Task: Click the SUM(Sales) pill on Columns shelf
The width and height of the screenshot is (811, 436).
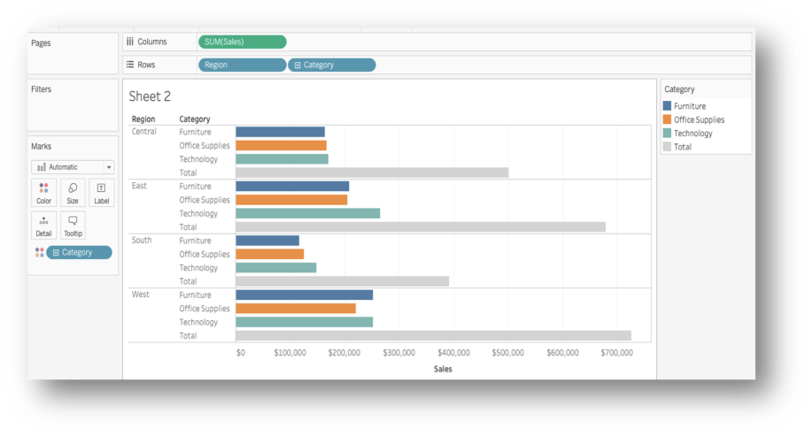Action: (x=242, y=42)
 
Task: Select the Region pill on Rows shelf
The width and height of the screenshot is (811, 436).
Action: (x=242, y=65)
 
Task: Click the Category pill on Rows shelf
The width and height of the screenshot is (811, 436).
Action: (x=331, y=65)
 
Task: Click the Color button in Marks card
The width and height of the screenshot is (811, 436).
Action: (x=44, y=193)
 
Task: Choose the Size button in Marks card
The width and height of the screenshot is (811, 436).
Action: (x=73, y=193)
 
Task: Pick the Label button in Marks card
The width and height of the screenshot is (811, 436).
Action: (x=101, y=193)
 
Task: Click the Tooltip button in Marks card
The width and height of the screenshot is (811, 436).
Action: (x=73, y=226)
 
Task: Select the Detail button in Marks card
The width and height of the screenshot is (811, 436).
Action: (x=44, y=226)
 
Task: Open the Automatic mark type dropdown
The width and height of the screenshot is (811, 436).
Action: (x=73, y=167)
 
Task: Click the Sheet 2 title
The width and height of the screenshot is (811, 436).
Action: (x=150, y=96)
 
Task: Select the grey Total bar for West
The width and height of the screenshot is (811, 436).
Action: (x=433, y=336)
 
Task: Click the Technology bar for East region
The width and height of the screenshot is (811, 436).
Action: (x=307, y=213)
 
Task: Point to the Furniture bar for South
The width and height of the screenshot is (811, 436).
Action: (x=267, y=241)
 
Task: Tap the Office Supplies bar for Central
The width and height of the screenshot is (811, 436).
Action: (x=281, y=146)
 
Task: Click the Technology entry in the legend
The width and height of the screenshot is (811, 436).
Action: (x=692, y=134)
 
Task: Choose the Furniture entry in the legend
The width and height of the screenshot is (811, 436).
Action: (x=689, y=106)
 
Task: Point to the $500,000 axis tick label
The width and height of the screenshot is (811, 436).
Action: (x=507, y=353)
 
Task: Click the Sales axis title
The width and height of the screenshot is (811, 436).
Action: (x=443, y=369)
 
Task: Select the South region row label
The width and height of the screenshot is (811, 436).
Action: (x=142, y=240)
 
